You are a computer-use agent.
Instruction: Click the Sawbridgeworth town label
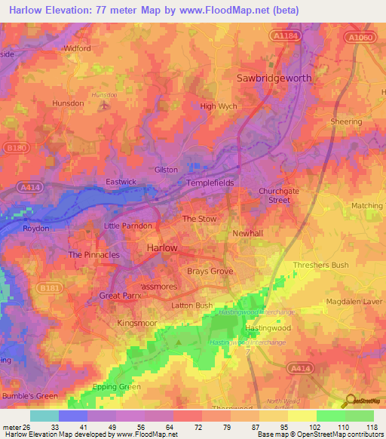(x=274, y=78)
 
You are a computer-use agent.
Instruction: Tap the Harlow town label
(x=161, y=247)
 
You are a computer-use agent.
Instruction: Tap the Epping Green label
(x=118, y=387)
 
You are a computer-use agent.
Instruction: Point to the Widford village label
(x=77, y=48)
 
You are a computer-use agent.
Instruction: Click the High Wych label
(x=219, y=106)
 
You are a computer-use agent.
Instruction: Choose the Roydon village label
(x=35, y=228)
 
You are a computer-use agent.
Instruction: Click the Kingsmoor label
(x=137, y=323)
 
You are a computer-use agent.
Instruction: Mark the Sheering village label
(x=346, y=121)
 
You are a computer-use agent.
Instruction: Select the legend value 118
(x=370, y=427)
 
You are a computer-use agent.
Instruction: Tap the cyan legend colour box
(x=44, y=416)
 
